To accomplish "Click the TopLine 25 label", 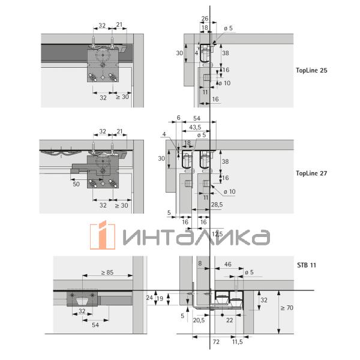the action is coord(311,70).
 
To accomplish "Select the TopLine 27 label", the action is coord(311,173).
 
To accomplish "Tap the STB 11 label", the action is coord(307,265).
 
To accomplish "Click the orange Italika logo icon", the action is coord(103,235).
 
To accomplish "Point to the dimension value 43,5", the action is coord(195,127).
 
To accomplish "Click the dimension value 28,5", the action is coord(217,205).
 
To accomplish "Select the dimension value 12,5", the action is coord(217,234).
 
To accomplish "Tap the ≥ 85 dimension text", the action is coord(107,272).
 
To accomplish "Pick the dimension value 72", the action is coord(216,342).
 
